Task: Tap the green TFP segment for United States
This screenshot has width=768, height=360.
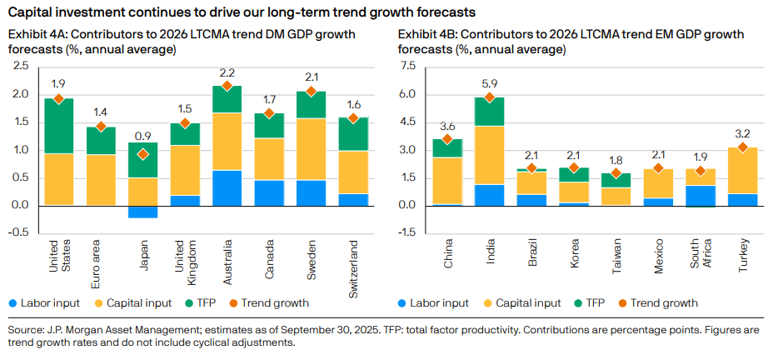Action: (58, 126)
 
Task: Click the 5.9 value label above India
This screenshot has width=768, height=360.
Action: (490, 83)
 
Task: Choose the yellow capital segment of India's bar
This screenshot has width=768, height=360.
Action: (490, 155)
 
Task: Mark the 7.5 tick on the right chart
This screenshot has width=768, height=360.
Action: (407, 67)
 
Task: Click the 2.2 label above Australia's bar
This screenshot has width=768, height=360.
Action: (227, 72)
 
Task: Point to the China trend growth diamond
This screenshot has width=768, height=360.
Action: (447, 139)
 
